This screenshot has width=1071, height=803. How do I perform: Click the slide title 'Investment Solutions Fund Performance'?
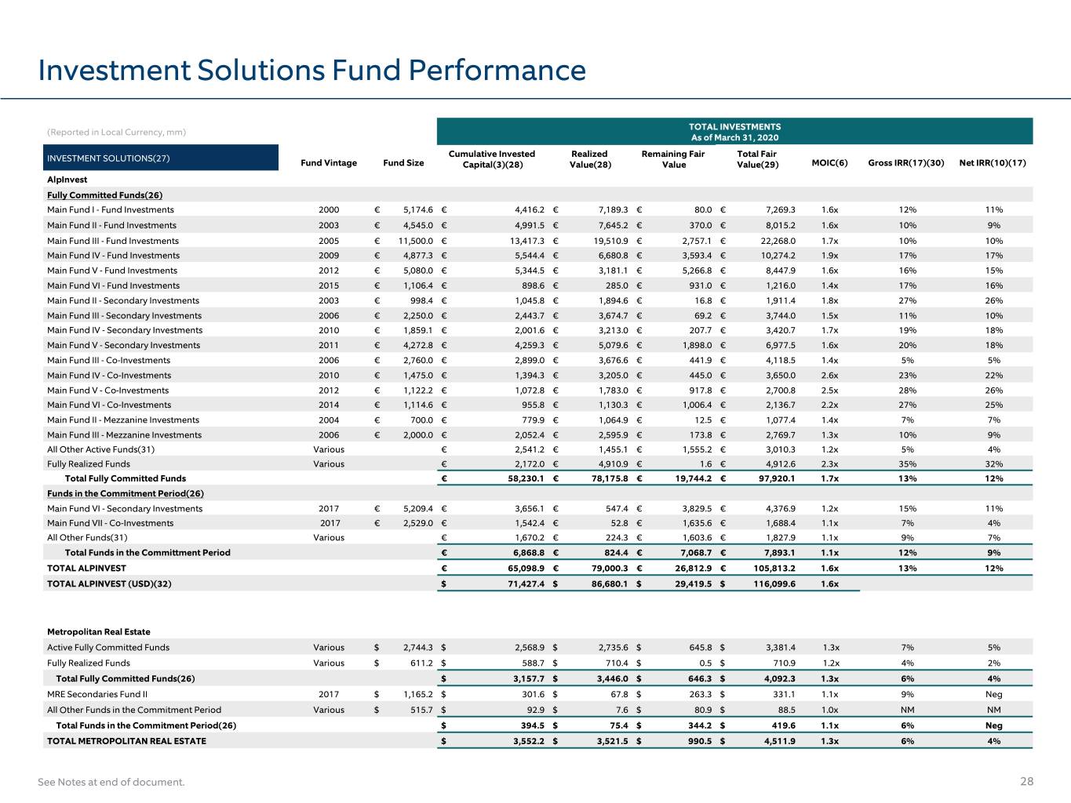311,71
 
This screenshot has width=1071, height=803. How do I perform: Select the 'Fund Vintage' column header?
329,163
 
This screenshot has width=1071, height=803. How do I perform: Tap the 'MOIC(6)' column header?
829,163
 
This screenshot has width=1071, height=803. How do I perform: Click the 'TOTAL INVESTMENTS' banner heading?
735,127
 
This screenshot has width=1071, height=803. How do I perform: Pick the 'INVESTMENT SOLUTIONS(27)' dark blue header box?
161,158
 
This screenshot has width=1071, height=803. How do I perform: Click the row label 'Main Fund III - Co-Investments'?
109,360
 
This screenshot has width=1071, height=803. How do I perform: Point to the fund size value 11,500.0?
416,241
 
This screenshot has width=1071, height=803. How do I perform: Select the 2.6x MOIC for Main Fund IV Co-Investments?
829,376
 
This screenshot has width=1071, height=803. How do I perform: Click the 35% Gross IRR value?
908,464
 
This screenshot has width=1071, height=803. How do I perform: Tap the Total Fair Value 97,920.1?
777,479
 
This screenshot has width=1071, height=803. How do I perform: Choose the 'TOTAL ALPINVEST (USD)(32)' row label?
109,584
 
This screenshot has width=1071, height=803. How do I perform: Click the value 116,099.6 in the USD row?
774,584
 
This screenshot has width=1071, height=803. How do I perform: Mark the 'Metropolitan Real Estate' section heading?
99,632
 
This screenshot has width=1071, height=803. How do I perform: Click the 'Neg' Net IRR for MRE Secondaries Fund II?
994,694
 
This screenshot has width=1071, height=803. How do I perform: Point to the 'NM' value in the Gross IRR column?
908,710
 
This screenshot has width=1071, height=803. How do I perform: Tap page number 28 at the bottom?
1026,782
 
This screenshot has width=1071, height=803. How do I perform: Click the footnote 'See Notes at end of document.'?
111,782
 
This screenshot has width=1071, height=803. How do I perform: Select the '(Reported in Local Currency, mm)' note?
117,132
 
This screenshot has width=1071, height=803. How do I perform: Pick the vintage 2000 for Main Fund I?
329,209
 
